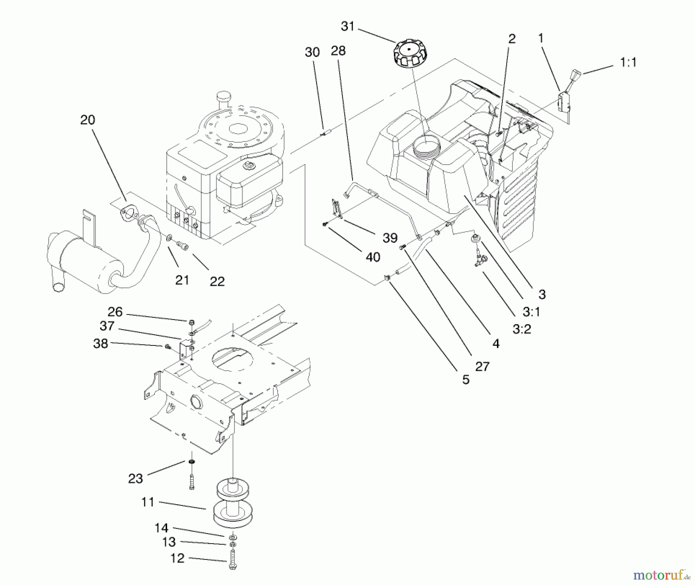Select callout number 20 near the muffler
click(88, 120)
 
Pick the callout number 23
click(136, 479)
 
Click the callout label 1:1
click(628, 63)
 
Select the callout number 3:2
click(522, 329)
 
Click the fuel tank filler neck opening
click(425, 146)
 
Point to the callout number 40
click(373, 257)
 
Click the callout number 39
click(390, 238)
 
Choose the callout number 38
click(101, 343)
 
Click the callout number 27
click(482, 366)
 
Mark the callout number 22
click(217, 281)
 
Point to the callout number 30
click(312, 52)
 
